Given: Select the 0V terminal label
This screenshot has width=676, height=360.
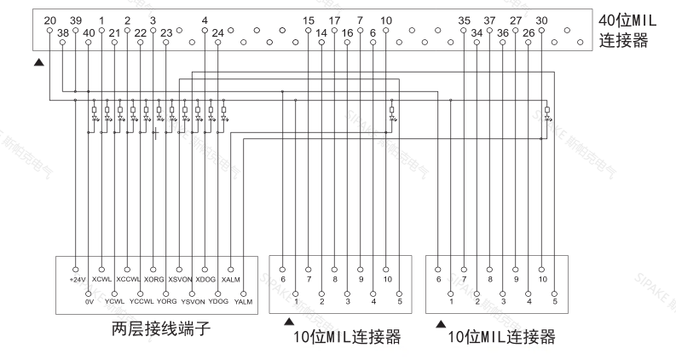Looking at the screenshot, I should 88,300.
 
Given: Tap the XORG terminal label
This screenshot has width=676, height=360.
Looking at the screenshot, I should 154,279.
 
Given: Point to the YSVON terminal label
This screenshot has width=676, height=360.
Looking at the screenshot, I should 193,300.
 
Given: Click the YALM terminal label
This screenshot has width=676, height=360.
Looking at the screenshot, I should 244,300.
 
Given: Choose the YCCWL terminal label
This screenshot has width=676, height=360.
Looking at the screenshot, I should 141,300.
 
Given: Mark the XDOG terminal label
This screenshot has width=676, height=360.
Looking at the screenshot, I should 205,279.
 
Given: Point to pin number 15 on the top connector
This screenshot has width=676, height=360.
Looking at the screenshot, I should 309,19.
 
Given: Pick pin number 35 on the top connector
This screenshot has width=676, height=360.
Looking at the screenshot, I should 465,19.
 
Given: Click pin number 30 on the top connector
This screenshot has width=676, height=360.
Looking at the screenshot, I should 542,19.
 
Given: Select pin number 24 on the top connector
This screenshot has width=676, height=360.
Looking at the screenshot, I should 218,32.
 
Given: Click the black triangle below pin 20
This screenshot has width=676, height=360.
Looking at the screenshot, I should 37,62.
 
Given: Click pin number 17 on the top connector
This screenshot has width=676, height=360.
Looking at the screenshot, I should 334,19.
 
